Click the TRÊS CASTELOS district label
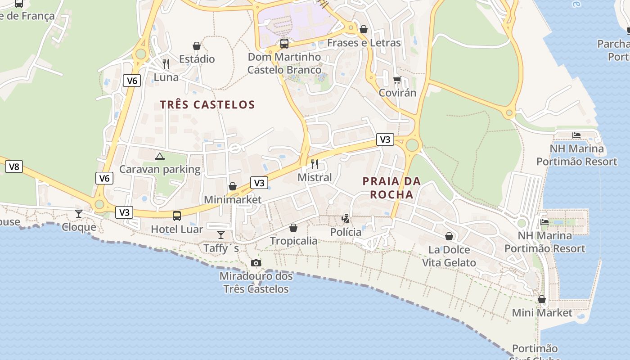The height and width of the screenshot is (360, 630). point(207,105)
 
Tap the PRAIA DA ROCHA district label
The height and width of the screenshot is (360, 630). point(391,188)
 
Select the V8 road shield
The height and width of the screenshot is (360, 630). point(14,167)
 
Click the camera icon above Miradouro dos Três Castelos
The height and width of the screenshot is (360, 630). point(256,263)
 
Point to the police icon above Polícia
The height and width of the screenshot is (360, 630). point(346,219)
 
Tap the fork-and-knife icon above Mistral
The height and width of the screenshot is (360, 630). point(315,164)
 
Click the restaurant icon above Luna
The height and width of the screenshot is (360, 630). point(166,64)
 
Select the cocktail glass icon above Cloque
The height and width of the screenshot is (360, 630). point(79,213)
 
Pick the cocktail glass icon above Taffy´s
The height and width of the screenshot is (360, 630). point(221,234)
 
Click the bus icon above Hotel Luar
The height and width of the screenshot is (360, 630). point(177,216)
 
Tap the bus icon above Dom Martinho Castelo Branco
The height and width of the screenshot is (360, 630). point(284,44)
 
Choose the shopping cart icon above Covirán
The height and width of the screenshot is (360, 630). point(397,80)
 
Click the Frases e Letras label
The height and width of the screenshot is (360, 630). point(364,43)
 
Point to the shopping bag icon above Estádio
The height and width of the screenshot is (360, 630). point(197,46)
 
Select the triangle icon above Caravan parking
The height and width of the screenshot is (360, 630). point(159,156)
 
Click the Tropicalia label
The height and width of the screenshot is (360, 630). point(293,241)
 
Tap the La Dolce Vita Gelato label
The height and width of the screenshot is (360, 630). point(449,256)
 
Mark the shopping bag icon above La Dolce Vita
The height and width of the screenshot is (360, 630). point(449,236)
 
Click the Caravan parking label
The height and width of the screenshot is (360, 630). point(160,169)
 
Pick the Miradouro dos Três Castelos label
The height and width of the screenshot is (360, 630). point(256,282)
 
